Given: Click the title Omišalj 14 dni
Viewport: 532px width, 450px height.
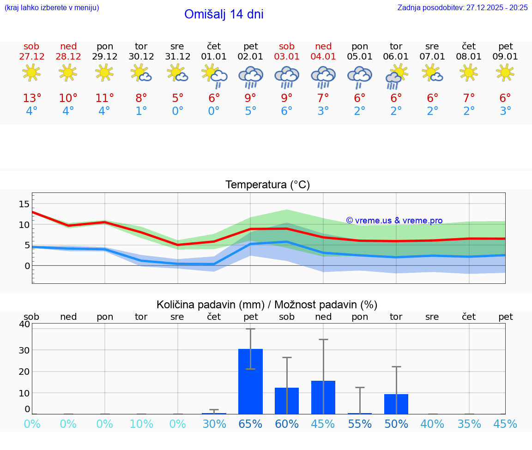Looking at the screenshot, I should click(224, 14).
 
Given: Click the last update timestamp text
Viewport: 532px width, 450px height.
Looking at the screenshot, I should click(462, 8).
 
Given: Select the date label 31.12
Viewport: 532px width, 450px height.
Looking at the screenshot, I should click(177, 57).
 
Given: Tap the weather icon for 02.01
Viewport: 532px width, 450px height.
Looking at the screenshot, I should click(250, 77).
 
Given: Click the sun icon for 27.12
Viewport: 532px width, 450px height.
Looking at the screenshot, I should click(31, 72).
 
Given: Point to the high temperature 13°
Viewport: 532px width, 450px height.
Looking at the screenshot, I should click(32, 98).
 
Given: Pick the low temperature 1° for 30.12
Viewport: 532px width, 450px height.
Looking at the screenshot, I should click(141, 111).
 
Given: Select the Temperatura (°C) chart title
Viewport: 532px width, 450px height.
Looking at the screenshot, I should click(267, 185).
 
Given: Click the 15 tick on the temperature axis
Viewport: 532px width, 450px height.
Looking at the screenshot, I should click(24, 204).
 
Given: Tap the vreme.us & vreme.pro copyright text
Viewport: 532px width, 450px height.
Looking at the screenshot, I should click(394, 221).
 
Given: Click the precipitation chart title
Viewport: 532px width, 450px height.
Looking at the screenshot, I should click(267, 305).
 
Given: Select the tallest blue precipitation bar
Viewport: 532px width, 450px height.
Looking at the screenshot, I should click(250, 381).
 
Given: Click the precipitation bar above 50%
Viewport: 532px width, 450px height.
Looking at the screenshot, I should click(396, 404).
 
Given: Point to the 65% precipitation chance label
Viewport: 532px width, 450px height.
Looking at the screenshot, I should click(250, 424).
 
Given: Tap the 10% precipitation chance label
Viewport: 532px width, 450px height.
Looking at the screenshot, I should click(141, 424).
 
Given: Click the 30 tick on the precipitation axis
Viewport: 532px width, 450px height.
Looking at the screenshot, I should click(24, 350).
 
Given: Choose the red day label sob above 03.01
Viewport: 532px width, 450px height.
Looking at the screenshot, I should click(287, 46).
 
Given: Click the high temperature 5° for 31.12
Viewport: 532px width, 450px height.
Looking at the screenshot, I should click(177, 98).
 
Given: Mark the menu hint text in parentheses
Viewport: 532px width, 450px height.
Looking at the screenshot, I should click(52, 8).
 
